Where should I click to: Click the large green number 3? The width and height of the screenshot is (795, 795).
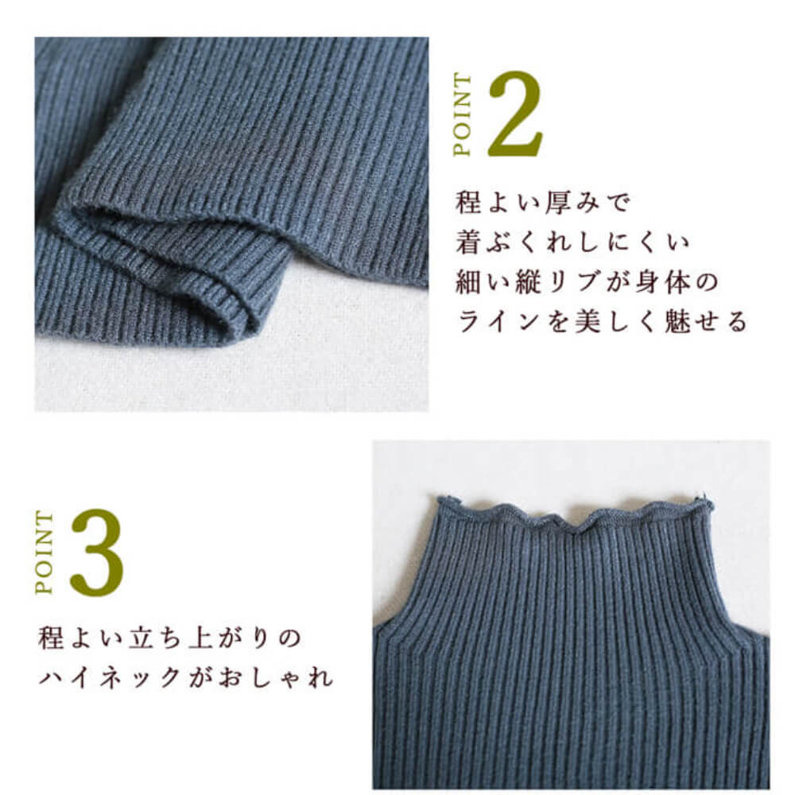click(x=97, y=553)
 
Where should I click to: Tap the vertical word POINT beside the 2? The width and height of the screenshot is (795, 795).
click(x=463, y=115)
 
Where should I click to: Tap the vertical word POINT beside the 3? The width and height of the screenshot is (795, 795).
click(x=44, y=553)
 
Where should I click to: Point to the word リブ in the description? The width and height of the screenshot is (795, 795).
click(x=575, y=281)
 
